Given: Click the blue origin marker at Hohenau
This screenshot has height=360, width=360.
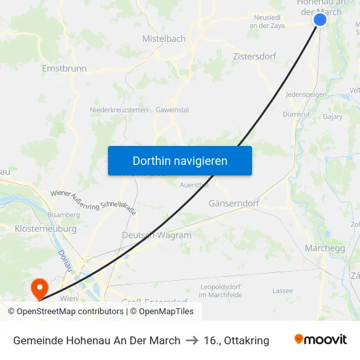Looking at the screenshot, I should pos(320,20).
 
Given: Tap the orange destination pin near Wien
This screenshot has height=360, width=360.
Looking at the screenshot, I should pos(39,287).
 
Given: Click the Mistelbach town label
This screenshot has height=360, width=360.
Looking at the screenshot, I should pos(164,39).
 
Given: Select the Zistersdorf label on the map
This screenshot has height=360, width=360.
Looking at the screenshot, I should pos(255,56).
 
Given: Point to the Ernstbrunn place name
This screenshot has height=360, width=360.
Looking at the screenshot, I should pos(64,68).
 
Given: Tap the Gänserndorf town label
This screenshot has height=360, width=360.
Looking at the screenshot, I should pos(234,204).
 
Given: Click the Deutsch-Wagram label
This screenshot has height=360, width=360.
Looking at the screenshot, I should pos(156,236).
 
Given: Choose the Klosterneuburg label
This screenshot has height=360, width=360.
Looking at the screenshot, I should pos(45,229).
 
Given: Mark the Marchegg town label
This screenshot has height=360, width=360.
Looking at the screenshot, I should pos(325,248).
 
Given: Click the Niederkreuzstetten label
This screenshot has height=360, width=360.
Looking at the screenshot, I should pos(118,110).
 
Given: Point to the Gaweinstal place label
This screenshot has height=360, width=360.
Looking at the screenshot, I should pos(172,110).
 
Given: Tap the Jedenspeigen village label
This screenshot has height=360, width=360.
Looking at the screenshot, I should pos(306,95).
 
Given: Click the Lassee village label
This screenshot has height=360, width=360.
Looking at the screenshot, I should pos(282,291).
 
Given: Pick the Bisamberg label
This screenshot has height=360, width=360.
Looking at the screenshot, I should pos(64,215).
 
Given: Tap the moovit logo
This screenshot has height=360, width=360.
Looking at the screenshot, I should pos(320,340).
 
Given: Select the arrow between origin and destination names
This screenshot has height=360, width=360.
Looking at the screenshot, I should pos(192,340).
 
